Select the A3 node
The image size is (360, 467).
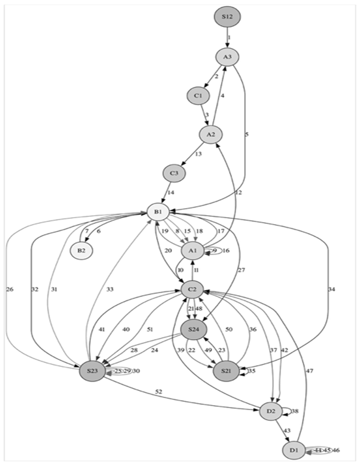[227, 57]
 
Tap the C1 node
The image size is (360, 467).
[198, 96]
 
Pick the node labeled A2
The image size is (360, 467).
[210, 134]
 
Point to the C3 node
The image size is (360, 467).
[174, 173]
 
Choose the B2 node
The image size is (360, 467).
[82, 250]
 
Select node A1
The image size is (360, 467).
[193, 251]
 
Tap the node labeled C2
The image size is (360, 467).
[193, 289]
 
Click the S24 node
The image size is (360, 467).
[193, 329]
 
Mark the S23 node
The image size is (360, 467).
[92, 371]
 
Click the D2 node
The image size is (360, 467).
[271, 411]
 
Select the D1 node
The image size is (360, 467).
[294, 450]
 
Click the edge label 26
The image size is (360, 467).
[10, 289]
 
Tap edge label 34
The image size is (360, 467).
[332, 289]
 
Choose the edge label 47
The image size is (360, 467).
[310, 371]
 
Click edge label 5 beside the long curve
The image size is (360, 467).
[247, 134]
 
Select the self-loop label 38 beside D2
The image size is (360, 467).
[295, 412]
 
